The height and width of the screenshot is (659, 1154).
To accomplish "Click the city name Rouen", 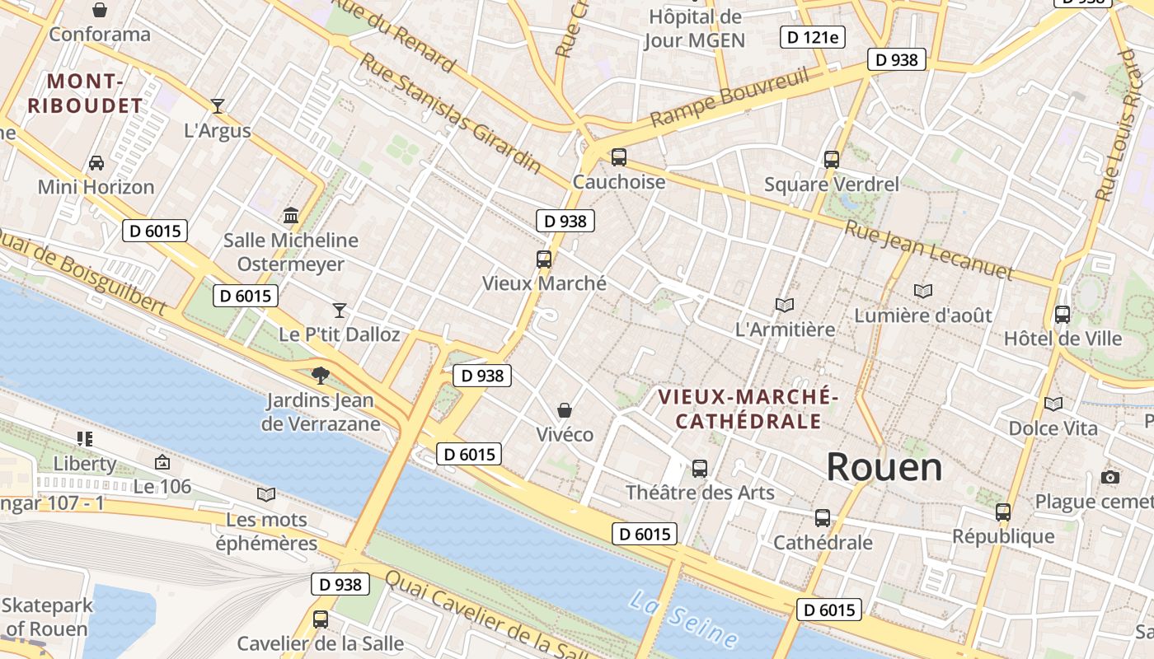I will point(884,467).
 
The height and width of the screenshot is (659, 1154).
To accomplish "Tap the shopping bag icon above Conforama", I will point(99,10).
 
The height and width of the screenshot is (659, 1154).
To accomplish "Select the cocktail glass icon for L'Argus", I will point(217,105).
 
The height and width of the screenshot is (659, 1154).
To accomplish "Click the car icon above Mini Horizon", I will point(96,162).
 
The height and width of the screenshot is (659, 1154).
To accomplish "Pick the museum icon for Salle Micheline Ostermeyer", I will point(291,215).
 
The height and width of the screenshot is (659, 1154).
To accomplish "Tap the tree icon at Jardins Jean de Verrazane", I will point(320,376).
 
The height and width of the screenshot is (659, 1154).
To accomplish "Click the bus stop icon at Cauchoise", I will point(618,157).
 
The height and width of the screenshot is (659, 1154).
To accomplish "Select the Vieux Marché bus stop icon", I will point(543,259).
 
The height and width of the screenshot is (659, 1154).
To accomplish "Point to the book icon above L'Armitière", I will point(784,305).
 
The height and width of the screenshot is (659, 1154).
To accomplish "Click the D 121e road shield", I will point(812,36).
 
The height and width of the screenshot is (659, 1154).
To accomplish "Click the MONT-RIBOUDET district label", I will point(85,94).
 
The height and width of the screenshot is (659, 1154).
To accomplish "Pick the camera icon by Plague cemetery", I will point(1109,477).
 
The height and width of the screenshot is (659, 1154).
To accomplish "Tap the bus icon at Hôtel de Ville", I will point(1062,314).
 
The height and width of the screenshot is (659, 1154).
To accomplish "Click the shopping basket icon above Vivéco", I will point(565,409).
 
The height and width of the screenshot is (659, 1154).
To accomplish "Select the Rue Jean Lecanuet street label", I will point(928,250).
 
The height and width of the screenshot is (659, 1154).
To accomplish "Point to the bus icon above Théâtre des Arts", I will point(699,468).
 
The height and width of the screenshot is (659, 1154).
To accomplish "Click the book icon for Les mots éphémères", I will point(265,494).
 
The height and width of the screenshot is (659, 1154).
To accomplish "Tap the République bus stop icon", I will point(1002,512).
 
